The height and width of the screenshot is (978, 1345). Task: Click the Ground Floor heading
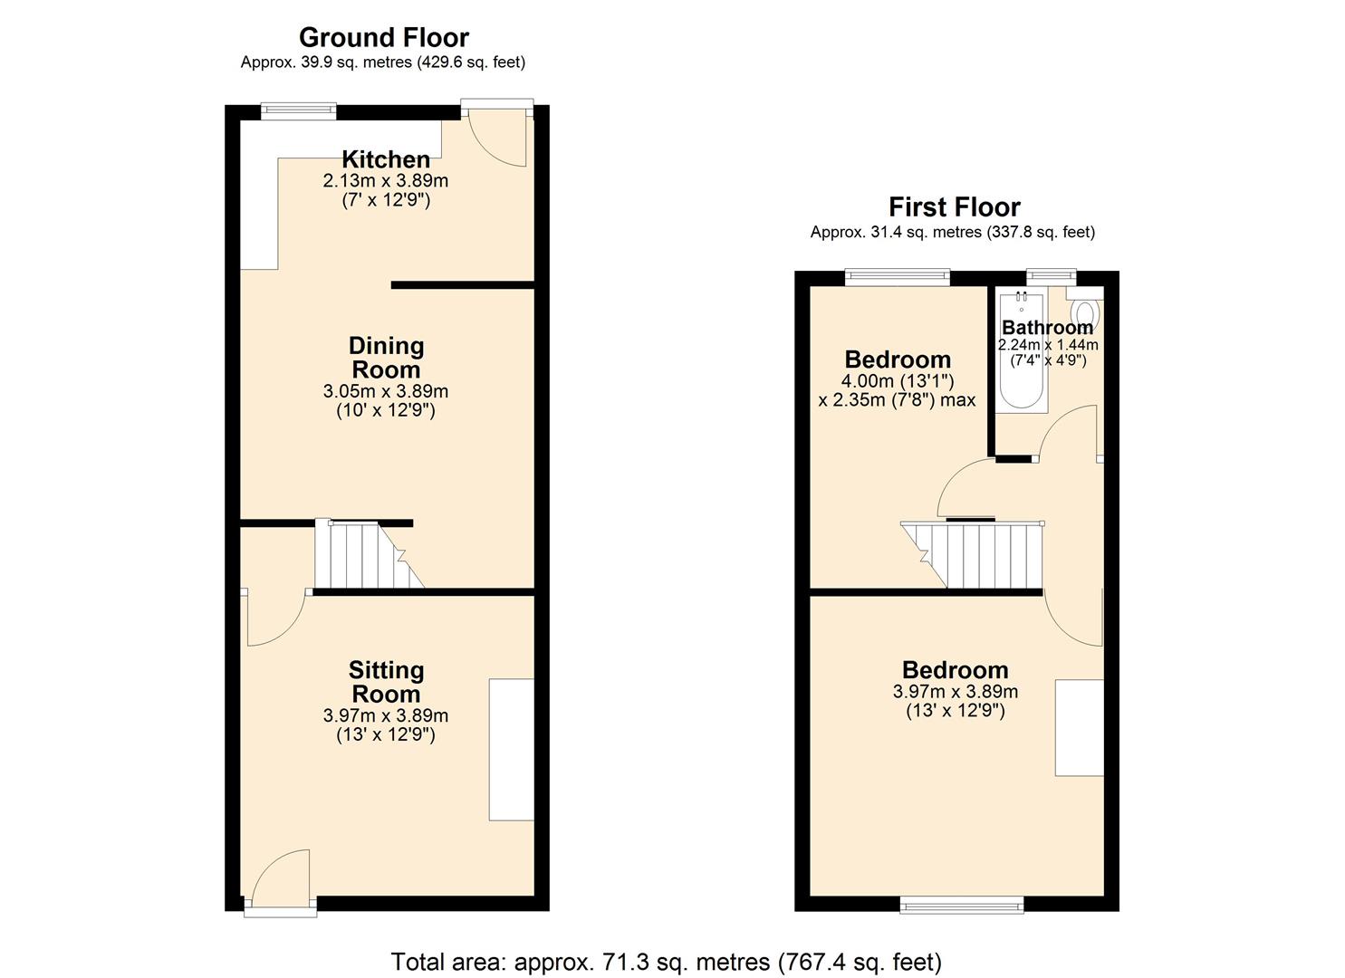(x=384, y=38)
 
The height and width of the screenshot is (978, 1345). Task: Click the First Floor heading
(x=954, y=207)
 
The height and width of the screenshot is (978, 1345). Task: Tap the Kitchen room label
(x=386, y=159)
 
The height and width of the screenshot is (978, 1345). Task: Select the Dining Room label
(x=386, y=358)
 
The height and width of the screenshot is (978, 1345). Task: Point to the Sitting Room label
(x=386, y=682)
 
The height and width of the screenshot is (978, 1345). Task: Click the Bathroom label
(x=1047, y=328)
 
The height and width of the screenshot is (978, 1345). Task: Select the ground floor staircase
(x=367, y=555)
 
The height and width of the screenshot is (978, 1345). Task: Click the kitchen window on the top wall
(x=299, y=111)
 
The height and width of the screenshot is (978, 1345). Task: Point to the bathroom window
(x=1051, y=275)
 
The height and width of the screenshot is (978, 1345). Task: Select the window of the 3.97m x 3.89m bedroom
(x=962, y=905)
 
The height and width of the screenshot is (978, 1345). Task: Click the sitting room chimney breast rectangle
(x=512, y=750)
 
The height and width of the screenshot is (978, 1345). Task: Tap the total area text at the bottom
(x=666, y=961)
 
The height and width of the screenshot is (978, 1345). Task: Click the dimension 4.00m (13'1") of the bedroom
(x=898, y=381)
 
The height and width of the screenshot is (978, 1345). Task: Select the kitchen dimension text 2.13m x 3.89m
(x=386, y=181)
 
